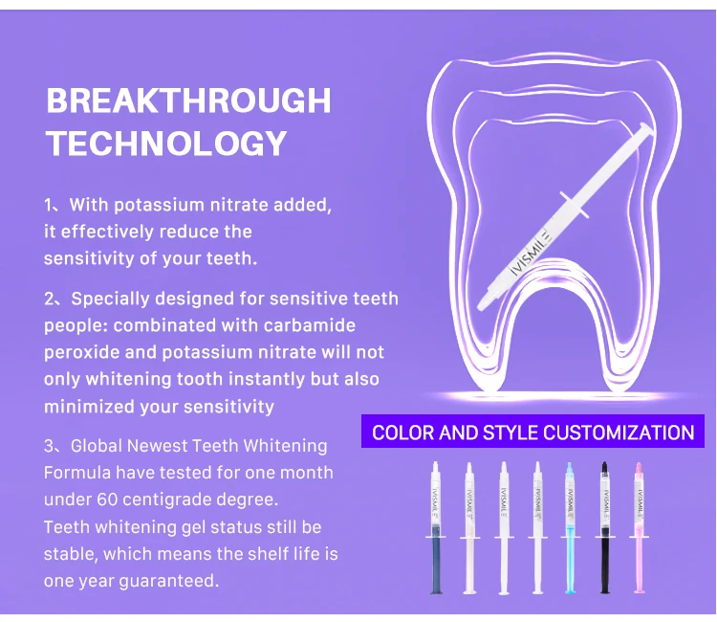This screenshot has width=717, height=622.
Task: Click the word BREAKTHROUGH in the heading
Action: [188, 100]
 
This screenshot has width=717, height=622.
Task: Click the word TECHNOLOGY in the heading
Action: [166, 144]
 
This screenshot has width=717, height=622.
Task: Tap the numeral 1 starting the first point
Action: [49, 205]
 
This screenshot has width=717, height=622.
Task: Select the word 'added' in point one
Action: [302, 205]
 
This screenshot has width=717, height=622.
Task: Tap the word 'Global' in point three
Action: [96, 446]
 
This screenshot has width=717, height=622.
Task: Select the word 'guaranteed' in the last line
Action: [168, 581]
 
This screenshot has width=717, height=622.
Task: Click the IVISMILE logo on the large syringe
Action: [532, 253]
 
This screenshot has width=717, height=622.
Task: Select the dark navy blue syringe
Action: [436, 527]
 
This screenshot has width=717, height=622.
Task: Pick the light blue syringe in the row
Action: [570, 527]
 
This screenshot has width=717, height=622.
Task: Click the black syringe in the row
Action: [604, 527]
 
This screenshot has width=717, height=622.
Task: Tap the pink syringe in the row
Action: [639, 527]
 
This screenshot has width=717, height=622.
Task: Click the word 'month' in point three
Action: [306, 473]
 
